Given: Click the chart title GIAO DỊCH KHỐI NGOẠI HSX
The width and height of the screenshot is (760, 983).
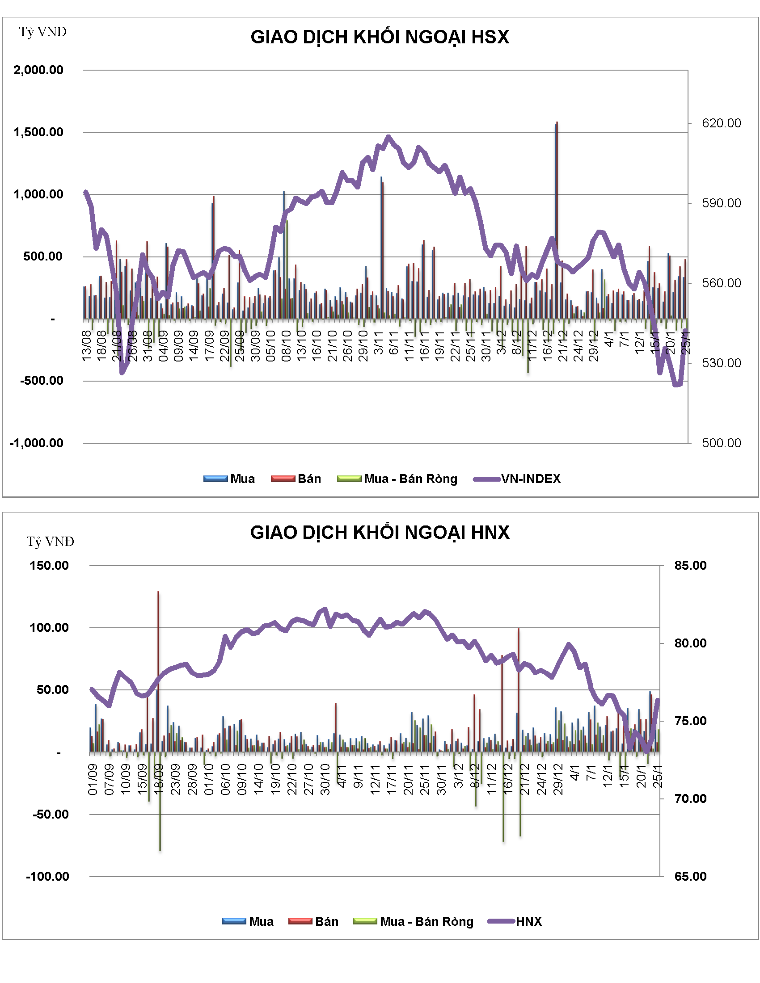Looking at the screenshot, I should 380,37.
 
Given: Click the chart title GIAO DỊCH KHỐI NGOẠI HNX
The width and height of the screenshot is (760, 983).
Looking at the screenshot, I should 380,533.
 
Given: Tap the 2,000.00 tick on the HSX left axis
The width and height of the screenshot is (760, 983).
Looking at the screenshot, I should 38,70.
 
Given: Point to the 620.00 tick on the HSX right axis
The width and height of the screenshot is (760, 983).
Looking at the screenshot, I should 721,123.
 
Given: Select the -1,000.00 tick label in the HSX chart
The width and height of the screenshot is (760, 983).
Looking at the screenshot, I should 37,443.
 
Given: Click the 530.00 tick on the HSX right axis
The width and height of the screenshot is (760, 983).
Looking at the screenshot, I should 721,363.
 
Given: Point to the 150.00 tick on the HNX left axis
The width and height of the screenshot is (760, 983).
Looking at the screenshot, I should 49,565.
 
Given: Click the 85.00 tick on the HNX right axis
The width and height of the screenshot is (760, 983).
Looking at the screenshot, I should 690,565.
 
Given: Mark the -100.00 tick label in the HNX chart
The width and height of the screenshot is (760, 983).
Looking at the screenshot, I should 48,876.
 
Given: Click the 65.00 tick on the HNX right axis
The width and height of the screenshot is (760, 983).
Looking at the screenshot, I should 690,876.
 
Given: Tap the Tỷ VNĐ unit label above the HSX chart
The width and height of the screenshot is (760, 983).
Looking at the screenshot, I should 43,32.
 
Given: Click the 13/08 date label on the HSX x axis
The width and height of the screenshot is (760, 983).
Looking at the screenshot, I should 86,346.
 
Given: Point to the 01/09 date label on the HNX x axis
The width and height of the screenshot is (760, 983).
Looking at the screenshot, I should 93,780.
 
